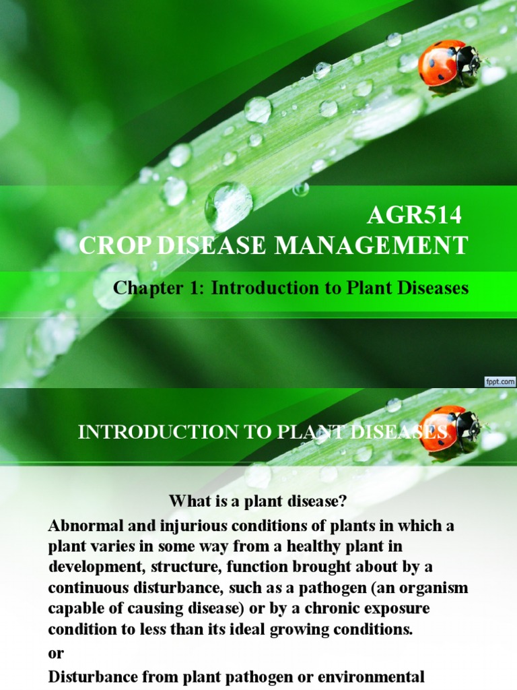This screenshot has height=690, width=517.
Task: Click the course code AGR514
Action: (415, 216)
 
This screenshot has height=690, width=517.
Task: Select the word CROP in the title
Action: (112, 246)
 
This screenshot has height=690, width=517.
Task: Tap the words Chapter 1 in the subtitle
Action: (159, 288)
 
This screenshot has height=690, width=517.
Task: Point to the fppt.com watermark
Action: (500, 381)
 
